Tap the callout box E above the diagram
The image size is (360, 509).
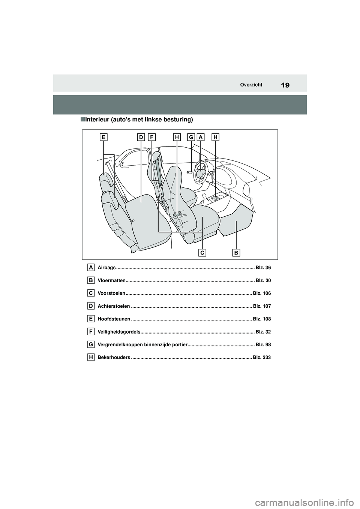[x=103, y=138]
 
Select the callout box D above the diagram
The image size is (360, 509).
[x=141, y=138]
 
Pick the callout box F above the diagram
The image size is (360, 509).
[x=151, y=138]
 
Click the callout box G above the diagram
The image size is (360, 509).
[x=191, y=138]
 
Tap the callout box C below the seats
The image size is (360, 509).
[x=202, y=253]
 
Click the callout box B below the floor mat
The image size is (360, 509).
[x=236, y=253]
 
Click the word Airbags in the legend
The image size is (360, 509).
[x=106, y=268]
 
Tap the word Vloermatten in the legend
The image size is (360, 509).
[x=111, y=280]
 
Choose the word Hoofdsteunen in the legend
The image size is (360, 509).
[x=114, y=319]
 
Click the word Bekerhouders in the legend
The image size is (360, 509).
[x=114, y=358]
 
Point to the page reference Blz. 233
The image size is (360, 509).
[x=262, y=358]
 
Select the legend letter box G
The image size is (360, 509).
[x=91, y=344]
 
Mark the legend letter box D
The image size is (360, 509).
[x=91, y=306]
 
